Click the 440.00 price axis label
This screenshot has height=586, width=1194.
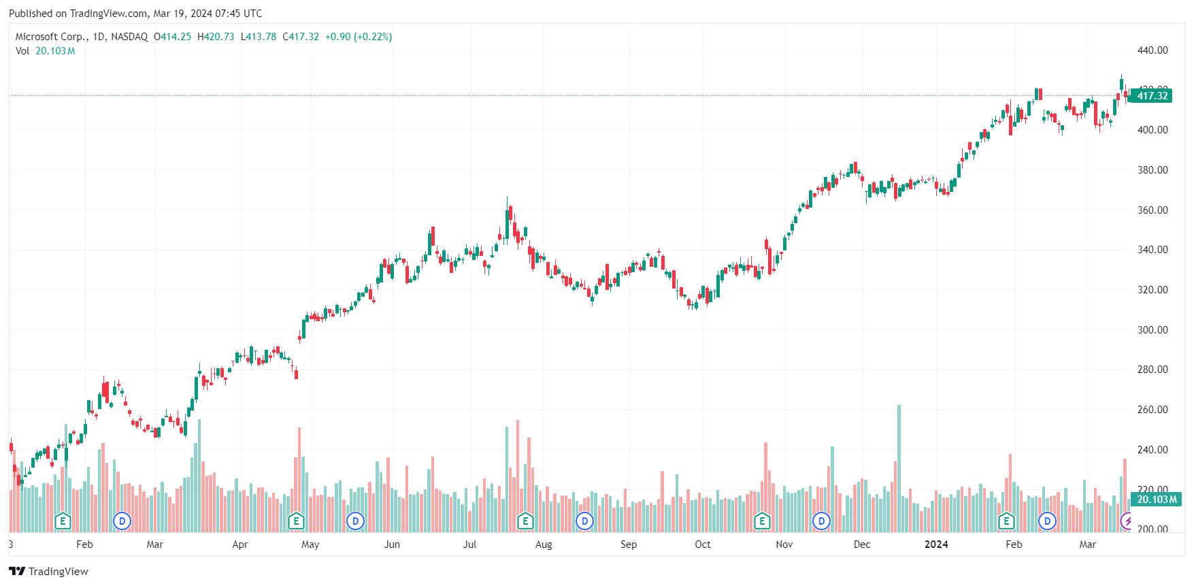[x=1152, y=50]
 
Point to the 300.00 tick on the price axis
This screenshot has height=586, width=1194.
[x=1152, y=330]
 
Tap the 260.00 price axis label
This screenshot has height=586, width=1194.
[x=1152, y=410]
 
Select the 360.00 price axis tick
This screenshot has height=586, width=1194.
[x=1152, y=210]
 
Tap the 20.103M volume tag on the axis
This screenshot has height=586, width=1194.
[x=1157, y=500]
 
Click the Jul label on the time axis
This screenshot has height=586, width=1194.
[x=469, y=544]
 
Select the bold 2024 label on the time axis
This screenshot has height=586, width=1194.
[x=936, y=544]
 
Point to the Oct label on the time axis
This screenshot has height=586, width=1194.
[x=703, y=544]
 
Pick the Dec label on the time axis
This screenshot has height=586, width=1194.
[x=862, y=544]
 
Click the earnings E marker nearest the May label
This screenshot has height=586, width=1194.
[x=296, y=521]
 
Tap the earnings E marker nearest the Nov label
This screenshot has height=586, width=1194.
[x=762, y=521]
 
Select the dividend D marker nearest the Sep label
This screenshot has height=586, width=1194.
[x=584, y=521]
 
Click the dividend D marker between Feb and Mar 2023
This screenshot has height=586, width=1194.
[x=122, y=521]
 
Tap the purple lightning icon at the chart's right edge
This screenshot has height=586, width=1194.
[x=1127, y=521]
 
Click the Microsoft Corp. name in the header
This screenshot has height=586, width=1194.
[x=52, y=37]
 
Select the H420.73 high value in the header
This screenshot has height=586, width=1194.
[x=216, y=37]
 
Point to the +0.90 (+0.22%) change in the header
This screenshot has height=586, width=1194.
[x=359, y=37]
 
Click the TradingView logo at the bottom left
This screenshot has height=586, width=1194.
[x=49, y=572]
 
